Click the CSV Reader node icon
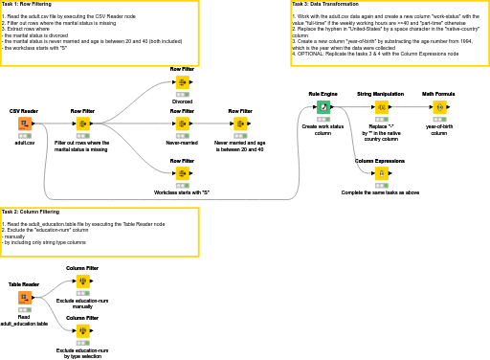[x=24, y=124]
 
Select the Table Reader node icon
[x=24, y=298]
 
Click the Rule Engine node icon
[x=323, y=106]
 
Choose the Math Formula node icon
[x=439, y=106]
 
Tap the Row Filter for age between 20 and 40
[x=239, y=124]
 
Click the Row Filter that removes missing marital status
[x=82, y=124]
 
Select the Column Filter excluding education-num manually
[x=82, y=281]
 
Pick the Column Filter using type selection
[x=82, y=330]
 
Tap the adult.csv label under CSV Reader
[x=24, y=142]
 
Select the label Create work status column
[x=323, y=129]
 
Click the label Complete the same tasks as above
[x=380, y=192]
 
